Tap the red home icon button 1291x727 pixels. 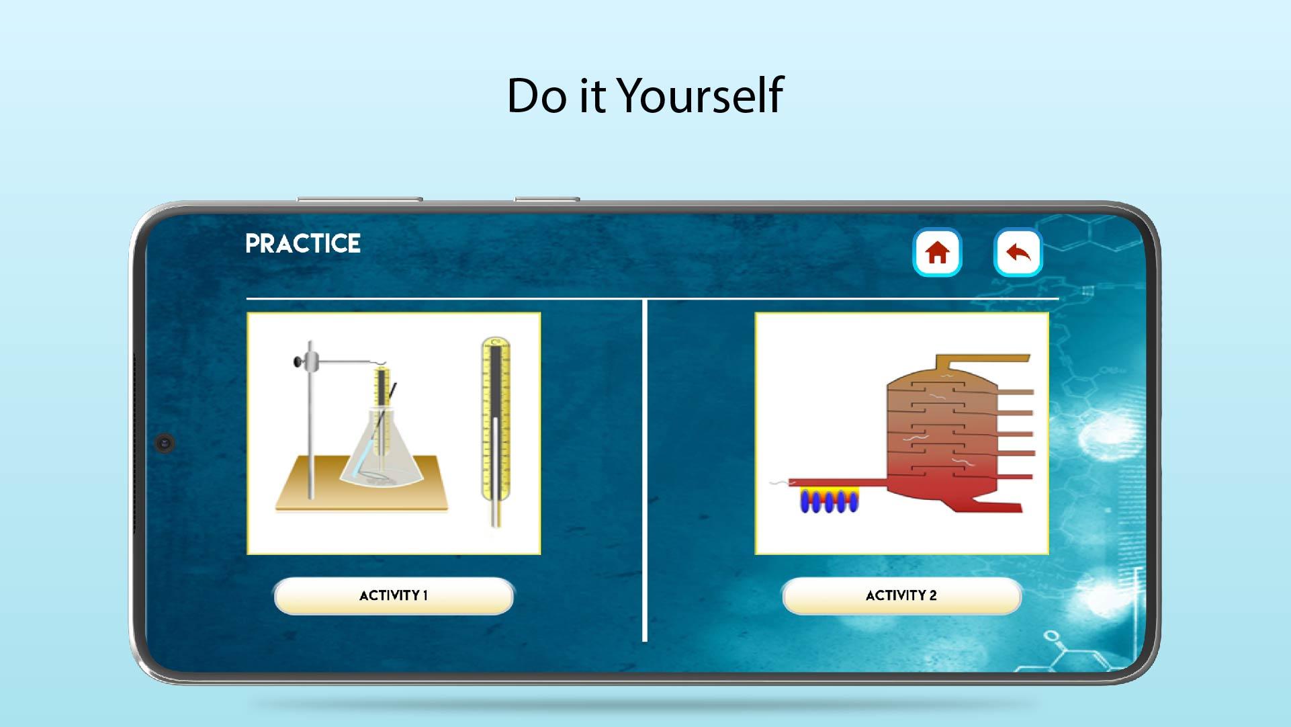click(x=937, y=253)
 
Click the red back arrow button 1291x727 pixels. click(x=1018, y=253)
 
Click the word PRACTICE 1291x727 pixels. click(x=303, y=243)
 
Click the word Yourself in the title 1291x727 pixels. click(x=700, y=95)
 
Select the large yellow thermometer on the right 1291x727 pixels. click(x=496, y=431)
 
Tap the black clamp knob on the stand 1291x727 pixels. click(x=296, y=362)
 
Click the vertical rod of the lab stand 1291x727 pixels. click(x=310, y=420)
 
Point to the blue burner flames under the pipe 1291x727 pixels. click(x=829, y=501)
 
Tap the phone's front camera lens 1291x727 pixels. click(x=165, y=443)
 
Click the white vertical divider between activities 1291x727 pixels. click(x=644, y=470)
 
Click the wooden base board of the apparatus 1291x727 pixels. click(x=362, y=486)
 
